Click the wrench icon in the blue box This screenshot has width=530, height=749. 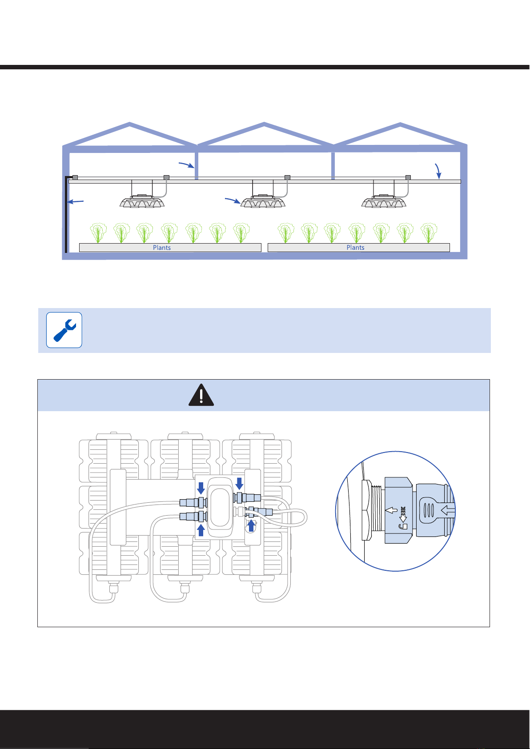pos(64,330)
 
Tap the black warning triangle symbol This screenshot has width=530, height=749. pos(201,395)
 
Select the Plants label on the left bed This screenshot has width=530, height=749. pos(162,248)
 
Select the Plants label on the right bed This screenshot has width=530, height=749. pos(355,248)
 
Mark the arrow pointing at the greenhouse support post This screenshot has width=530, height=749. pos(186,165)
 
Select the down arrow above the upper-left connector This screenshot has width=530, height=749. pos(201,488)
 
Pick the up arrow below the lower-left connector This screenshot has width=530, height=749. pos(201,530)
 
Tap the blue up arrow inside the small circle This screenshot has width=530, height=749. pos(252,526)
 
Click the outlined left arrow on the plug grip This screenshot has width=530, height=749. pos(447,512)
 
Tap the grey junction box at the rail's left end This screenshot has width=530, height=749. pos(75,177)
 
